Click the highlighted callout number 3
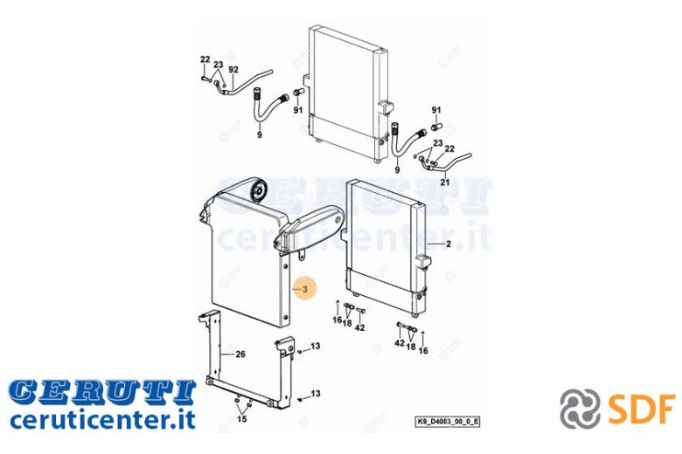(305, 289)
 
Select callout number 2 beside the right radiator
(449, 244)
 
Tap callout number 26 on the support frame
(240, 354)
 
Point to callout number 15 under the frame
(242, 419)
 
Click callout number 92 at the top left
(233, 70)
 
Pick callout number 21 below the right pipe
(444, 182)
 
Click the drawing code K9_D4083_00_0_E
(447, 422)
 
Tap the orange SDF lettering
(642, 409)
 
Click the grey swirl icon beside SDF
(580, 409)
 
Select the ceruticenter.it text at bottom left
(102, 419)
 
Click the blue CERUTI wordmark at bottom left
(102, 391)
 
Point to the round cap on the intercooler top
(260, 189)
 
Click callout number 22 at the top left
(205, 59)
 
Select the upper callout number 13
(316, 346)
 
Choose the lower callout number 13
(316, 394)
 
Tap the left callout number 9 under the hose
(259, 134)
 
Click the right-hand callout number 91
(436, 110)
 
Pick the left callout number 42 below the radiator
(359, 327)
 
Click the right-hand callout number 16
(423, 350)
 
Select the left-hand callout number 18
(347, 323)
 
